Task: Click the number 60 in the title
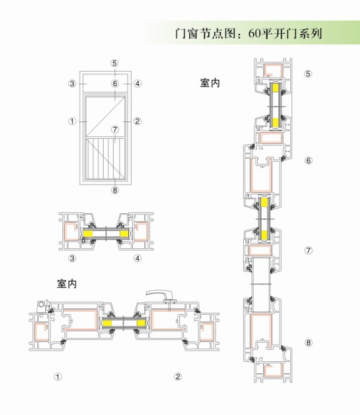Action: tap(255, 34)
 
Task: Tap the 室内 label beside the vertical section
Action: tap(210, 83)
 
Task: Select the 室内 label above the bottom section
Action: tap(67, 284)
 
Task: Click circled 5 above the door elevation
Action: tap(114, 63)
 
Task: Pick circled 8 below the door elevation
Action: tap(115, 190)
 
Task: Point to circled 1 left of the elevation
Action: tap(72, 122)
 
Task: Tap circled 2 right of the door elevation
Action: tap(137, 122)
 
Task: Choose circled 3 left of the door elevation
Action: tap(72, 84)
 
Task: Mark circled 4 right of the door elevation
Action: tap(137, 84)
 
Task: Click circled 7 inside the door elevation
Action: tap(115, 129)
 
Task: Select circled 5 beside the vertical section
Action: tap(308, 74)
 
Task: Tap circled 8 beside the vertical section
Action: tap(308, 343)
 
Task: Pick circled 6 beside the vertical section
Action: tap(308, 161)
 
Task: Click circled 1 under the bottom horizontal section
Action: tap(58, 376)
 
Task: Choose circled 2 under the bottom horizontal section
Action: tap(178, 376)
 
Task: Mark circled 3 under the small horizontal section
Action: tap(72, 258)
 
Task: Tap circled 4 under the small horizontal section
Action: tap(137, 258)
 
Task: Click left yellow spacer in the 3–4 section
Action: tap(88, 234)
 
